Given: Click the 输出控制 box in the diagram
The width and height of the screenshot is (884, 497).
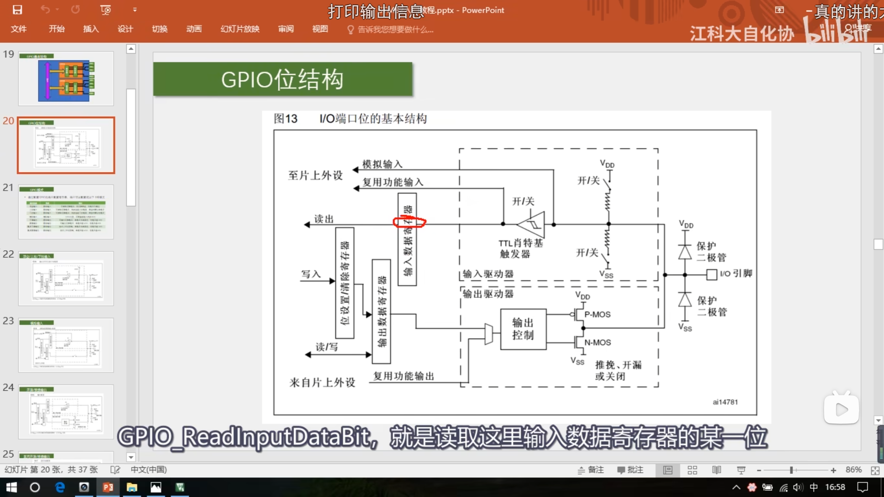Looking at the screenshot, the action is pos(523,329).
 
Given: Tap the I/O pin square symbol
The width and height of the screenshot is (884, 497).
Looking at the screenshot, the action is pos(711,275).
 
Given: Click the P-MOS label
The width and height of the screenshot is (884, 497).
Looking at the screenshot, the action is pos(597,314).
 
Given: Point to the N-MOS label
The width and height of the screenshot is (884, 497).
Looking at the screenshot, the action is pos(597,342).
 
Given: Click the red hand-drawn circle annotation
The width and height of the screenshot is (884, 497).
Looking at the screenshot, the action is pos(410,222).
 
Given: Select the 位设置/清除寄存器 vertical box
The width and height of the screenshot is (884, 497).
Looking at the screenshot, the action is pos(345,283).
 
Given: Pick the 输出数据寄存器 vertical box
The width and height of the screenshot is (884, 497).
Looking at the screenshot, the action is pos(381,311).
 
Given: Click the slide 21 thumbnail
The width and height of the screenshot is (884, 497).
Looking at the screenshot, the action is pos(66,212).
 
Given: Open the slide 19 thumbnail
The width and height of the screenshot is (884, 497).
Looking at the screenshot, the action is pos(66,79).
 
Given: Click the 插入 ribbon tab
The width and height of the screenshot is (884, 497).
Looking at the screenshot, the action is pos(91,29).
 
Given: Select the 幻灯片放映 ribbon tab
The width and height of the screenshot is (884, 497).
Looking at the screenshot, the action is pos(240,29).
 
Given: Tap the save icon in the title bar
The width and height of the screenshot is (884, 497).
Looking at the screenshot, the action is pos(17,10).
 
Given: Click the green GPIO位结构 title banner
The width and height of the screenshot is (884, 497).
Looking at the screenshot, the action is pos(282,79).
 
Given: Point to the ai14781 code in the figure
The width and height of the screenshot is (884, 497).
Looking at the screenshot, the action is pos(725,402).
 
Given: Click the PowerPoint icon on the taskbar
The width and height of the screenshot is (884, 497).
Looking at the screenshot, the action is pos(108,487).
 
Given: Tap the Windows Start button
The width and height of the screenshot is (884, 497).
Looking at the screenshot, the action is pos(11,487).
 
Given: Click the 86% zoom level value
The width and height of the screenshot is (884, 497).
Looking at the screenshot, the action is pos(853,470).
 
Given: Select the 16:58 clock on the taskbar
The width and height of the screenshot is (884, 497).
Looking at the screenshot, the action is pos(835,487).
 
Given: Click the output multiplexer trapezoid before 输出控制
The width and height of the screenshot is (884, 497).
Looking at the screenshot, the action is pos(488,334).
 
